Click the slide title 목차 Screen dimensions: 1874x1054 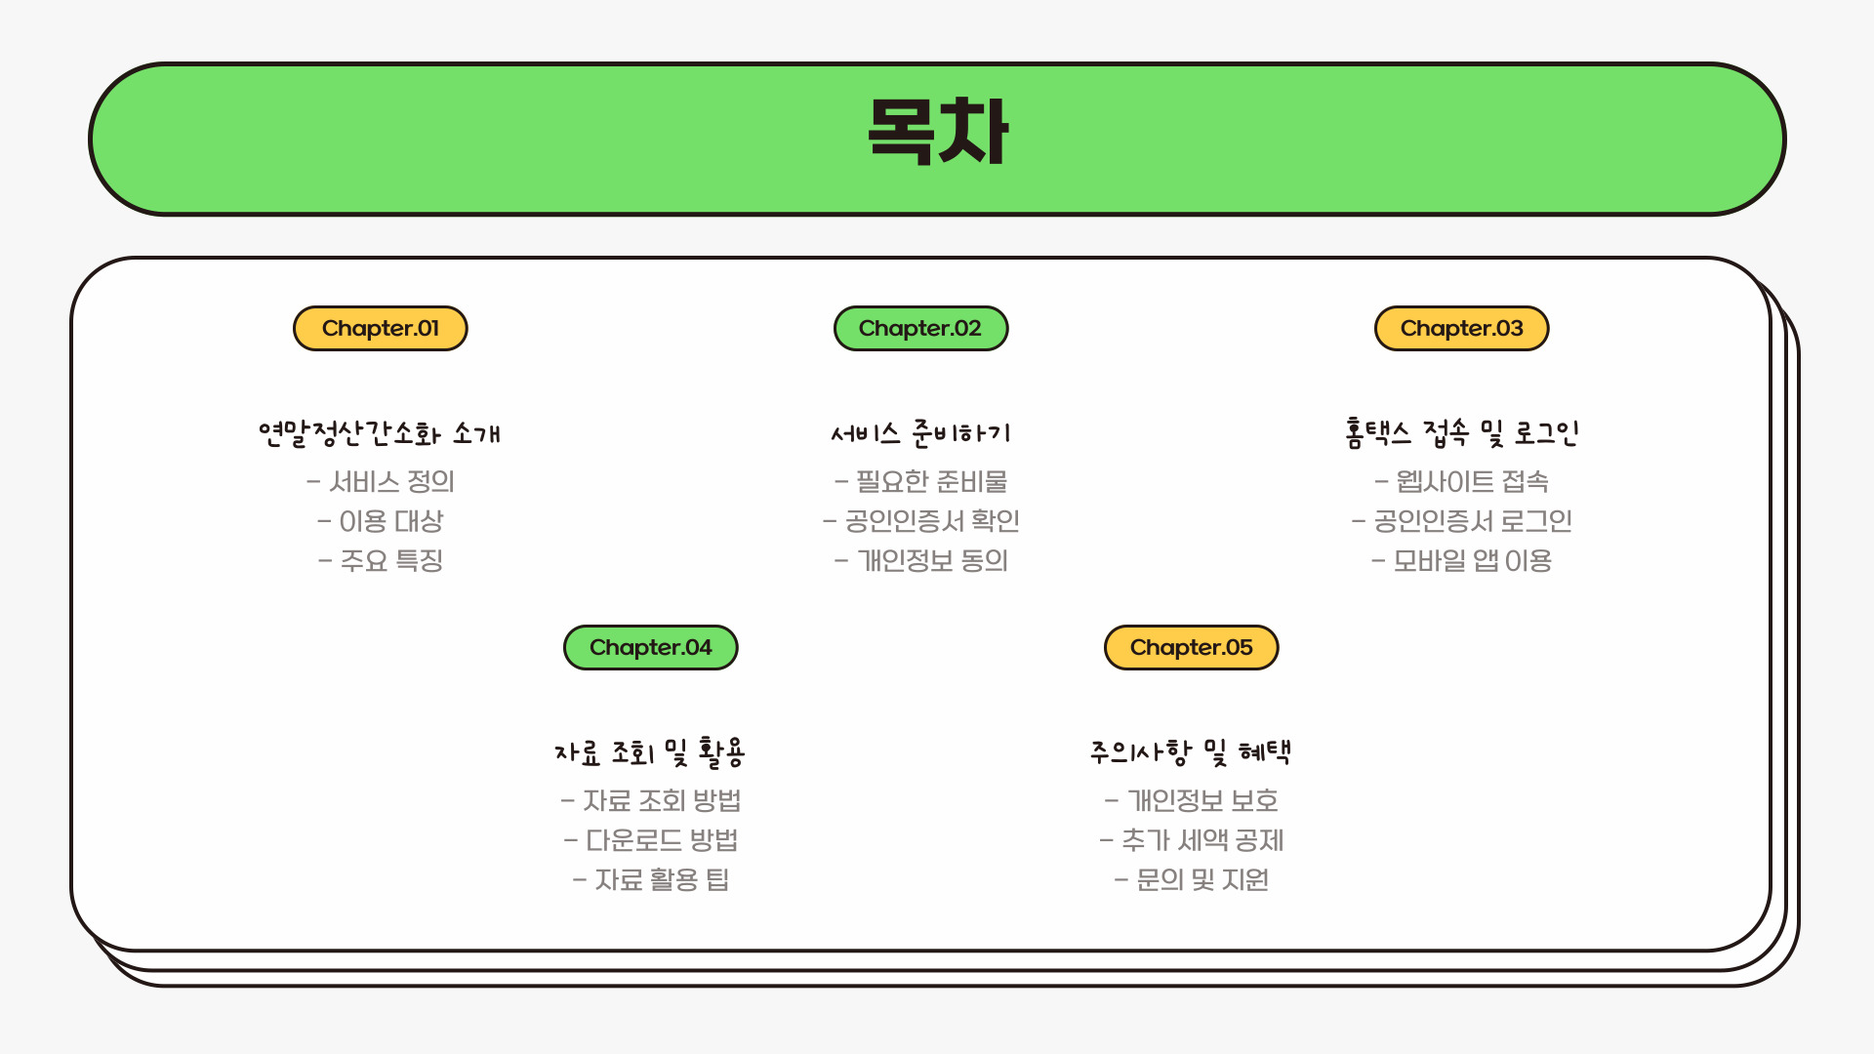(937, 132)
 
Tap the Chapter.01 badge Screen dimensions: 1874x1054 (381, 329)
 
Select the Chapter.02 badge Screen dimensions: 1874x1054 (920, 329)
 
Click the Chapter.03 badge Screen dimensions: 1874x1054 (1461, 329)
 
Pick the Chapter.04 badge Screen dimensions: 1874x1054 (651, 648)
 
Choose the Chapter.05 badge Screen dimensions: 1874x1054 (1191, 648)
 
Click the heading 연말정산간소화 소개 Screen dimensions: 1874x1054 (380, 433)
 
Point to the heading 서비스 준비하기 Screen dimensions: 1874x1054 (920, 433)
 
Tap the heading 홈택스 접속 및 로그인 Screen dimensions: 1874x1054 (1461, 432)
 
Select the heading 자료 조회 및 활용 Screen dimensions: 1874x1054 (650, 752)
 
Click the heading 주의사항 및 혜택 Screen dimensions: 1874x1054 (1191, 752)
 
